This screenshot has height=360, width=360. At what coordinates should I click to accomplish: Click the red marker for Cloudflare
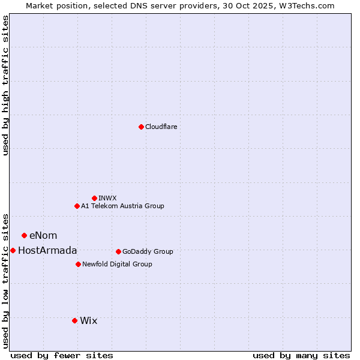pos(141,127)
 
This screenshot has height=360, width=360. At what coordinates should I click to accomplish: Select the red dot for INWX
pos(94,198)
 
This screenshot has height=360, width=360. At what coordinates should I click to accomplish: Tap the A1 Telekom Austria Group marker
pos(77,206)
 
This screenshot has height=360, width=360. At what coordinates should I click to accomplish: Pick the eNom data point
pos(24,235)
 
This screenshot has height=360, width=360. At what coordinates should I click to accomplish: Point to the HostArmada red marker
pos(13,250)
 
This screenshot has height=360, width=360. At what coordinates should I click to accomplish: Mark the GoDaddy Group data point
pos(118,251)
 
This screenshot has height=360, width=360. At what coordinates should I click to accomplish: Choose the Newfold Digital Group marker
pos(78,264)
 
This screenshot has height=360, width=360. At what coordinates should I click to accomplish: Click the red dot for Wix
pos(74,320)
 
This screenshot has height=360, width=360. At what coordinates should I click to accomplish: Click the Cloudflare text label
pos(161,127)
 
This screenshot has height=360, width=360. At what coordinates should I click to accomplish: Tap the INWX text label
pos(107,198)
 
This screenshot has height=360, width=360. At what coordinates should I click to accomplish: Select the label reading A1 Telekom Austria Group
pos(122,206)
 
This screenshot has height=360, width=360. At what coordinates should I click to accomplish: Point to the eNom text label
pos(43,235)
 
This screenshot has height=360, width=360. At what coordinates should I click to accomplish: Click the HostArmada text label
pos(47,250)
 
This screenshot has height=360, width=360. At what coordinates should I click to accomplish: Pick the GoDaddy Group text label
pos(148,251)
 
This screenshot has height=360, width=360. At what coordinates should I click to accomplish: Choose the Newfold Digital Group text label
pos(117,264)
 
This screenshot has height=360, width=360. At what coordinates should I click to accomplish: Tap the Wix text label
pos(88,320)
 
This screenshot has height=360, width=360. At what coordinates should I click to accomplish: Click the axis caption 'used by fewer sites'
pos(62,355)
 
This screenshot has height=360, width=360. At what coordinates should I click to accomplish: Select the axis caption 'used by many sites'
pos(301,355)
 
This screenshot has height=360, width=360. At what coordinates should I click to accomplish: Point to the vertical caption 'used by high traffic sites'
pos(6,85)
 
